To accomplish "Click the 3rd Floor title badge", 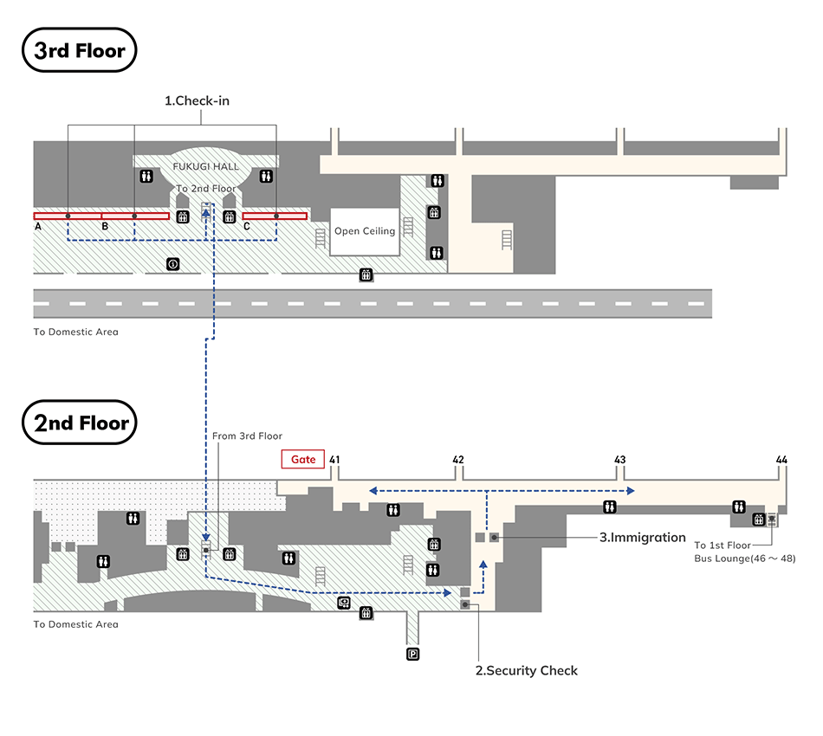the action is [x=79, y=50].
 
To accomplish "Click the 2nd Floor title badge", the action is [x=79, y=423].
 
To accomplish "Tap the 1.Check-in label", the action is [x=197, y=100].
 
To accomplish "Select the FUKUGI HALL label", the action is [x=206, y=166].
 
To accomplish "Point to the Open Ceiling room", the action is [x=365, y=231].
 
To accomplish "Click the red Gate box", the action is [x=303, y=459].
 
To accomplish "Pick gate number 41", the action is [x=334, y=460].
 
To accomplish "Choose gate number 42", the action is [x=458, y=460].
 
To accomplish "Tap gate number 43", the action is [x=620, y=460].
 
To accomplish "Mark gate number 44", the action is [x=781, y=460].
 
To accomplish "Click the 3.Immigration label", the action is [x=643, y=537].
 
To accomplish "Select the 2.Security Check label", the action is [x=527, y=670].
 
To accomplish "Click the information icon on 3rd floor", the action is [x=173, y=264].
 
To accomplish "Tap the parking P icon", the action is [x=413, y=654].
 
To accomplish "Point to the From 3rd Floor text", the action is [x=247, y=436].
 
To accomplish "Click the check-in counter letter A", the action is [x=38, y=227].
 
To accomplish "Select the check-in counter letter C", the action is [x=247, y=227].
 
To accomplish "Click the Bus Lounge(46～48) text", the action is [x=745, y=558].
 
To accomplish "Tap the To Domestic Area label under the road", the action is [x=76, y=332].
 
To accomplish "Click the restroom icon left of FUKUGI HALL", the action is [x=146, y=177].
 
